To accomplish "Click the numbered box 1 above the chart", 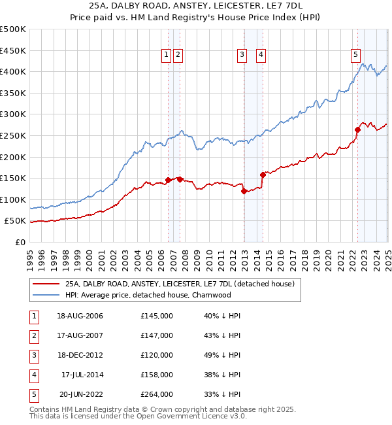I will (x=167, y=56).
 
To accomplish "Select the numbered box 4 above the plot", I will (x=261, y=56).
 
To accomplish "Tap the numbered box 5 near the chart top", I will (x=355, y=56).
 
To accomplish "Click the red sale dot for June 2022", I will (x=358, y=129).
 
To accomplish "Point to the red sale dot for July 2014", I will (x=263, y=175).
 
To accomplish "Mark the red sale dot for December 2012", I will (x=244, y=191).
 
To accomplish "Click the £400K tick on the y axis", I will (x=14, y=71).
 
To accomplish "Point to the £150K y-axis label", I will (x=14, y=178).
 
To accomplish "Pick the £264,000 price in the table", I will (x=157, y=394).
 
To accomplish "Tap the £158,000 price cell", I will (x=157, y=375).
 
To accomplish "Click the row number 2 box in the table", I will (x=33, y=335).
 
